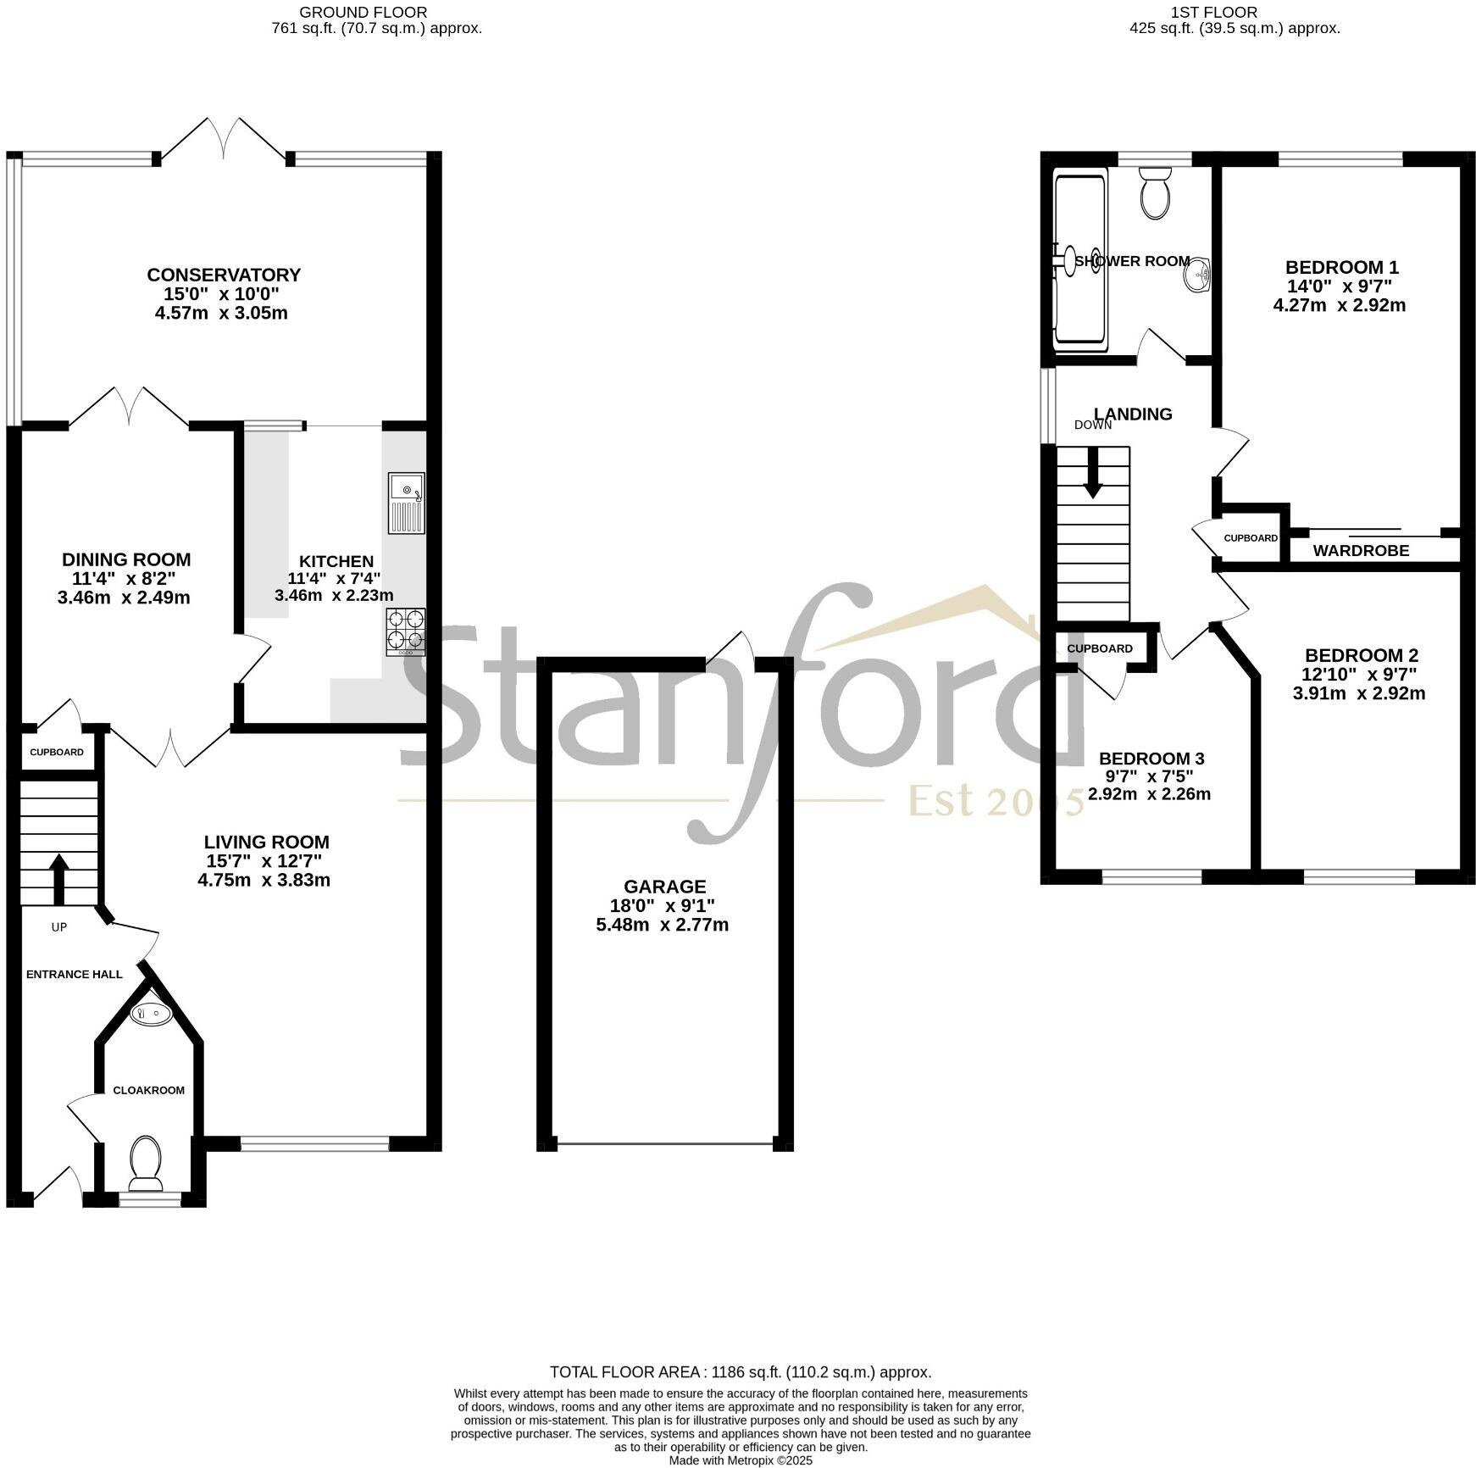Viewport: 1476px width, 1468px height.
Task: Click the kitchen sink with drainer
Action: click(407, 503)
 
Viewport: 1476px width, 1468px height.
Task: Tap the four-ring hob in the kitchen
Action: click(406, 631)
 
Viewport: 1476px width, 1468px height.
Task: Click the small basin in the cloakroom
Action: click(151, 1012)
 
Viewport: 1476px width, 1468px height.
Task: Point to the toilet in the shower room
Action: click(1155, 192)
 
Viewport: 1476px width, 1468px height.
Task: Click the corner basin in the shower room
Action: click(1200, 275)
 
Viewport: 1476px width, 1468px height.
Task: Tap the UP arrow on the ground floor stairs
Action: click(58, 879)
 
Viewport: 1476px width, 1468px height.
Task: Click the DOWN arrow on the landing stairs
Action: click(1093, 473)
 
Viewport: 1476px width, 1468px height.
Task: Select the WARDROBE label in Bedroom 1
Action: click(1361, 551)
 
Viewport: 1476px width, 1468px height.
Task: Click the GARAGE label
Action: click(663, 887)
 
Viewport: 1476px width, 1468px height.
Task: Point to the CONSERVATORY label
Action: click(224, 275)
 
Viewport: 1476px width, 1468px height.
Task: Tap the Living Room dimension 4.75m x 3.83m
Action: click(264, 880)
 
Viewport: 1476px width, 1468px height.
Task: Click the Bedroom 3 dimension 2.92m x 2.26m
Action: click(1149, 794)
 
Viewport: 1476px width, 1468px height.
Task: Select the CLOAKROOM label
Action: click(148, 1090)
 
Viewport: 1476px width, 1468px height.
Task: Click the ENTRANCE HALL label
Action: click(75, 974)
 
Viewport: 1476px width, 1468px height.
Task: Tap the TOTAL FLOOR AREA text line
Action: click(740, 1372)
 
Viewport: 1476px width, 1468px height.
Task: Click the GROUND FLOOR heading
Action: click(363, 12)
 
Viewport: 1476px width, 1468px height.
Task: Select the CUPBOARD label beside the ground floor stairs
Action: click(57, 753)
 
